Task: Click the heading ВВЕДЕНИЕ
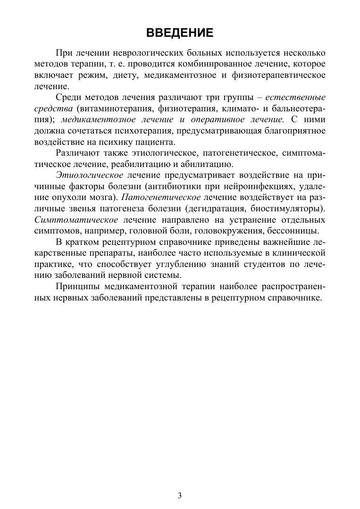[180, 33]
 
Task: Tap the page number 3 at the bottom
[180, 495]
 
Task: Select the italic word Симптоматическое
[76, 220]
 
